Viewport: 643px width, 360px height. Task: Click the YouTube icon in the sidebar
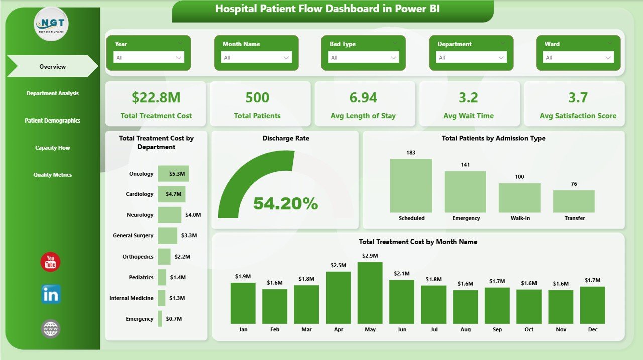(50, 262)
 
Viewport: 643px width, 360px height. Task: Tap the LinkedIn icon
(51, 295)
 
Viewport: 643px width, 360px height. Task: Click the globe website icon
(51, 329)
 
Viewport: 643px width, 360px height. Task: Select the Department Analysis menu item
(52, 93)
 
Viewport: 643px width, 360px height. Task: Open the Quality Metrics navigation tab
(52, 175)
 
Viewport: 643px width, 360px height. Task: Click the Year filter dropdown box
(148, 57)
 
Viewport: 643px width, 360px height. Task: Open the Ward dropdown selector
(578, 57)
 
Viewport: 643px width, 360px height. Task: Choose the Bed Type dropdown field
(363, 57)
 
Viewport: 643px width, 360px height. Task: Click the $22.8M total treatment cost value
(156, 97)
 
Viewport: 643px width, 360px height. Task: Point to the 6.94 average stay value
(363, 97)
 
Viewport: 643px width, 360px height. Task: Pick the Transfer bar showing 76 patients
(574, 201)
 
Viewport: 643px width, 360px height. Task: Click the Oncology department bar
(173, 174)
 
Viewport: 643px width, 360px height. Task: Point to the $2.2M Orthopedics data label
(182, 257)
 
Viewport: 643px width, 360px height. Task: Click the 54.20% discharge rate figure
(285, 203)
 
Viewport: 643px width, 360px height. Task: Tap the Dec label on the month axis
(592, 329)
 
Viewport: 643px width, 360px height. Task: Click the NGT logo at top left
(51, 24)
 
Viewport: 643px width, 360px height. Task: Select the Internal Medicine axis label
(131, 298)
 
